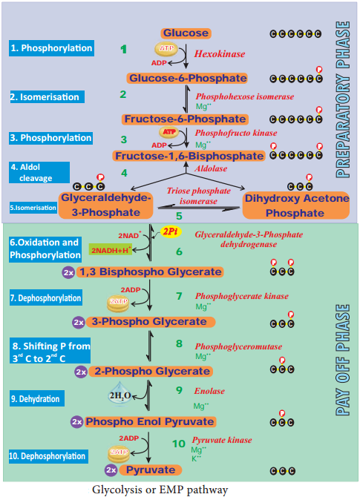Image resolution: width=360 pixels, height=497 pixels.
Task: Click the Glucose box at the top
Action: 186,33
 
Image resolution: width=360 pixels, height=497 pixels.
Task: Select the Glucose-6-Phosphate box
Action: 186,78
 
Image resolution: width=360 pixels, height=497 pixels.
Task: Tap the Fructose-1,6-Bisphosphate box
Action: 189,156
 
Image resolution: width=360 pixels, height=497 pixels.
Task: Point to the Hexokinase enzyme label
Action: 220,55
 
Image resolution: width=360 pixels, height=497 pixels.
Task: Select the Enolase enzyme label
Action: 211,391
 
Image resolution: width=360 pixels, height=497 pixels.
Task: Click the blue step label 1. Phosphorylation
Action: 52,49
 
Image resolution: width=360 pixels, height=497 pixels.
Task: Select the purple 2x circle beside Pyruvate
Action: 111,470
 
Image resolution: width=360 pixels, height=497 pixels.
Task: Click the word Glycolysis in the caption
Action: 119,490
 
